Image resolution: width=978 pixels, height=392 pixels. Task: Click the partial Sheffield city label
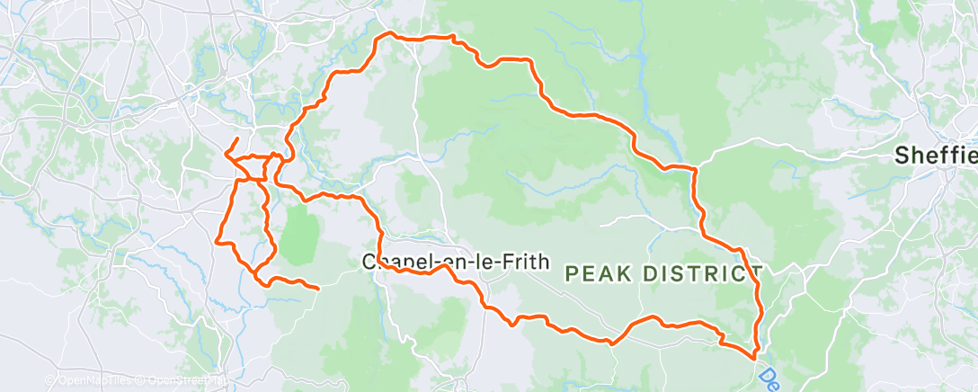(936, 156)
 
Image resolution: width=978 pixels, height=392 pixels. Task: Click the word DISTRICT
(701, 273)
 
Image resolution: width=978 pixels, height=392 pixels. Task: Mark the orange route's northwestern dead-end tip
(236, 138)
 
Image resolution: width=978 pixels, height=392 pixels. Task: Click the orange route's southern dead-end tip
(318, 288)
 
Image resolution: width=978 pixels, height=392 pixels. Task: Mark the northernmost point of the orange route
(387, 33)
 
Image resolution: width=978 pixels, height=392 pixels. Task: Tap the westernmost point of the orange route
(217, 240)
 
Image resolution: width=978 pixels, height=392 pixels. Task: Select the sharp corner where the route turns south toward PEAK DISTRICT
(696, 168)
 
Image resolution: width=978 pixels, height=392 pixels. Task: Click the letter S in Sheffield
(901, 156)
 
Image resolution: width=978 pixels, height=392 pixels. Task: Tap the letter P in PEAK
(572, 273)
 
